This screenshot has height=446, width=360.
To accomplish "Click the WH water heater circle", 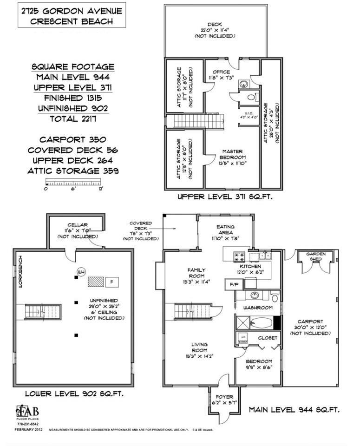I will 81,272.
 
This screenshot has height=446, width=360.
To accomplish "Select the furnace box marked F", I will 111,282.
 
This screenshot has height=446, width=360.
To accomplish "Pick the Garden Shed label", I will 315,257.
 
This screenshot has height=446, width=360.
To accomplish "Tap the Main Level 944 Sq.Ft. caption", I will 294,410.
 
